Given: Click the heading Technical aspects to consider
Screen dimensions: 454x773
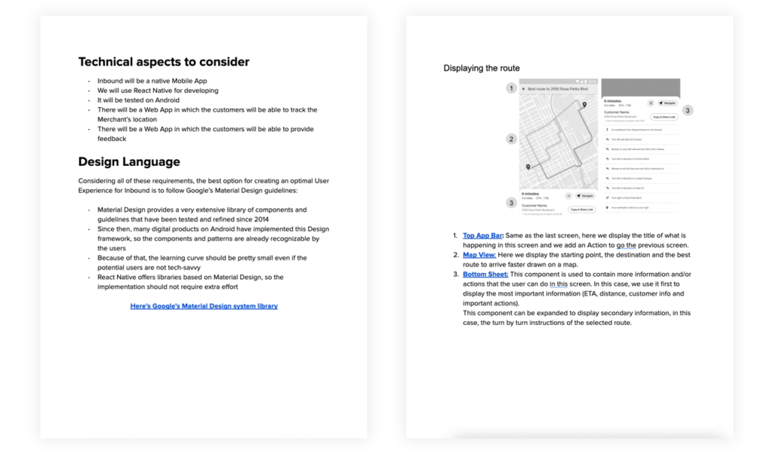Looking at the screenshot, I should [x=163, y=62].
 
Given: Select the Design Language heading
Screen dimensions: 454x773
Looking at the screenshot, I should [x=129, y=161].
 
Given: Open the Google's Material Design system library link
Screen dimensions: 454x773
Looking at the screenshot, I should [x=204, y=306].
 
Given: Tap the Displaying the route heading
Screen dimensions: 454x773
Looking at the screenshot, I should [x=481, y=69].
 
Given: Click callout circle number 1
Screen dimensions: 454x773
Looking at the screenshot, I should [x=511, y=88].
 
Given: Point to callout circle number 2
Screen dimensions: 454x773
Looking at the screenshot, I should [x=511, y=139].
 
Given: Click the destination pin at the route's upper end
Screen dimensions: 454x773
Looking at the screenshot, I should [x=584, y=104].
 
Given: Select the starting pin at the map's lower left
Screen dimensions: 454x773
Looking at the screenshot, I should [x=528, y=167].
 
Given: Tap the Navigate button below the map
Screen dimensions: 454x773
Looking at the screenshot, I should [x=583, y=195].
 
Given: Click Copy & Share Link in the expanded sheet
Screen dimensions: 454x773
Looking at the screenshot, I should [x=664, y=118].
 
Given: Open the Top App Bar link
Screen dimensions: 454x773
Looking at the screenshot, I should [x=482, y=235].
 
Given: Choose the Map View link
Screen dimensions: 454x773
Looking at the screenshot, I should [x=479, y=255].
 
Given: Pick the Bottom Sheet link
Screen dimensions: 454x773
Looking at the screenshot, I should [x=485, y=275].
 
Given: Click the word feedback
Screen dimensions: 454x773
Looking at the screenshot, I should [x=112, y=139].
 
